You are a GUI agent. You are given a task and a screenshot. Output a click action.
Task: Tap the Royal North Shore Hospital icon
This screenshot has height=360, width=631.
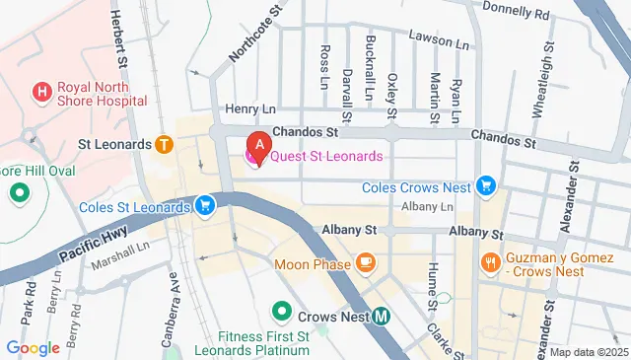pos(41,93)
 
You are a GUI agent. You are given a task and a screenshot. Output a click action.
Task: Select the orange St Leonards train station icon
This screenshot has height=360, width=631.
pos(164,144)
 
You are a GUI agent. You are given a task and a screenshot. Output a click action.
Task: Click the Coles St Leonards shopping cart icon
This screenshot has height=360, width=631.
pos(204,206)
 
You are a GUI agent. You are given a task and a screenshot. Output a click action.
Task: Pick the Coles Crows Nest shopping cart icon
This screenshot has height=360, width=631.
pos(484,184)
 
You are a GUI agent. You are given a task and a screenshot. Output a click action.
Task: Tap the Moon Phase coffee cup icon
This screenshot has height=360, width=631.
pos(366,261)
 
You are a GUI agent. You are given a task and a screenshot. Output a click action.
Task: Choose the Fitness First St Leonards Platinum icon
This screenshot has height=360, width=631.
pos(281,313)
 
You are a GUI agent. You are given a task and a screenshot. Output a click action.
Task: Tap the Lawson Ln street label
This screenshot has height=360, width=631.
pos(442,43)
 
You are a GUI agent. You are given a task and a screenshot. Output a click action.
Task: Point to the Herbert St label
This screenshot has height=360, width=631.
pos(116,38)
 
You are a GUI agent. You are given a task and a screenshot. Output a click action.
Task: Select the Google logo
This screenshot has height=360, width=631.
pos(33,347)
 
